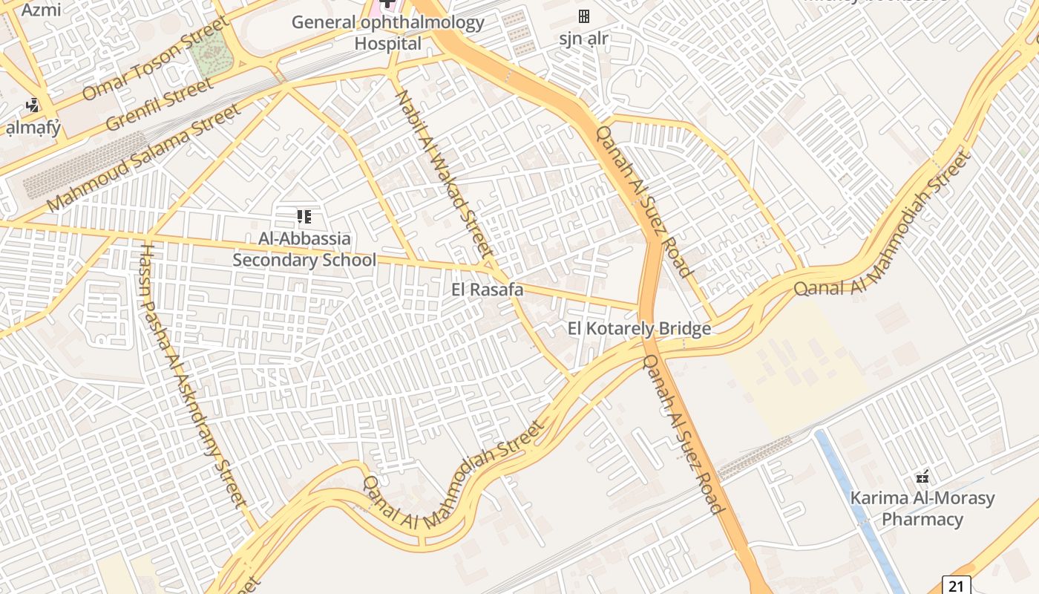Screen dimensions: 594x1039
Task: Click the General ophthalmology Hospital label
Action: tap(387, 33)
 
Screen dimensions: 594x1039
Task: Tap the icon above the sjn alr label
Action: tap(584, 16)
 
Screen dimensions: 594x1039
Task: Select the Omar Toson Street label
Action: tap(157, 59)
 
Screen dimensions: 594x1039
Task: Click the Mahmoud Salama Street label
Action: tap(144, 157)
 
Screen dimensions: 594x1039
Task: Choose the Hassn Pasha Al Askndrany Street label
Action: tap(193, 375)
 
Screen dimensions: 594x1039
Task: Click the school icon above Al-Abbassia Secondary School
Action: tap(304, 217)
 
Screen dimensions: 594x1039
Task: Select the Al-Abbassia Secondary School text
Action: tap(304, 249)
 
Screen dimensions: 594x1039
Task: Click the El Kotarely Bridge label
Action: tap(639, 328)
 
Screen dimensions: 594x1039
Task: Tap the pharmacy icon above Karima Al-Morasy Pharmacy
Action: tap(922, 477)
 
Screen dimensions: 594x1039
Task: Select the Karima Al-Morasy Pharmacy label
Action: tap(922, 509)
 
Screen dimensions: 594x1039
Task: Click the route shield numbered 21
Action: tap(957, 585)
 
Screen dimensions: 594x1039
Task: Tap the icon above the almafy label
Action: tap(32, 105)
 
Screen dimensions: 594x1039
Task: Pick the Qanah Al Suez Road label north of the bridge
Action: tap(643, 200)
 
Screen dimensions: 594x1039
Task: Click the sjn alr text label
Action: tap(584, 39)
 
